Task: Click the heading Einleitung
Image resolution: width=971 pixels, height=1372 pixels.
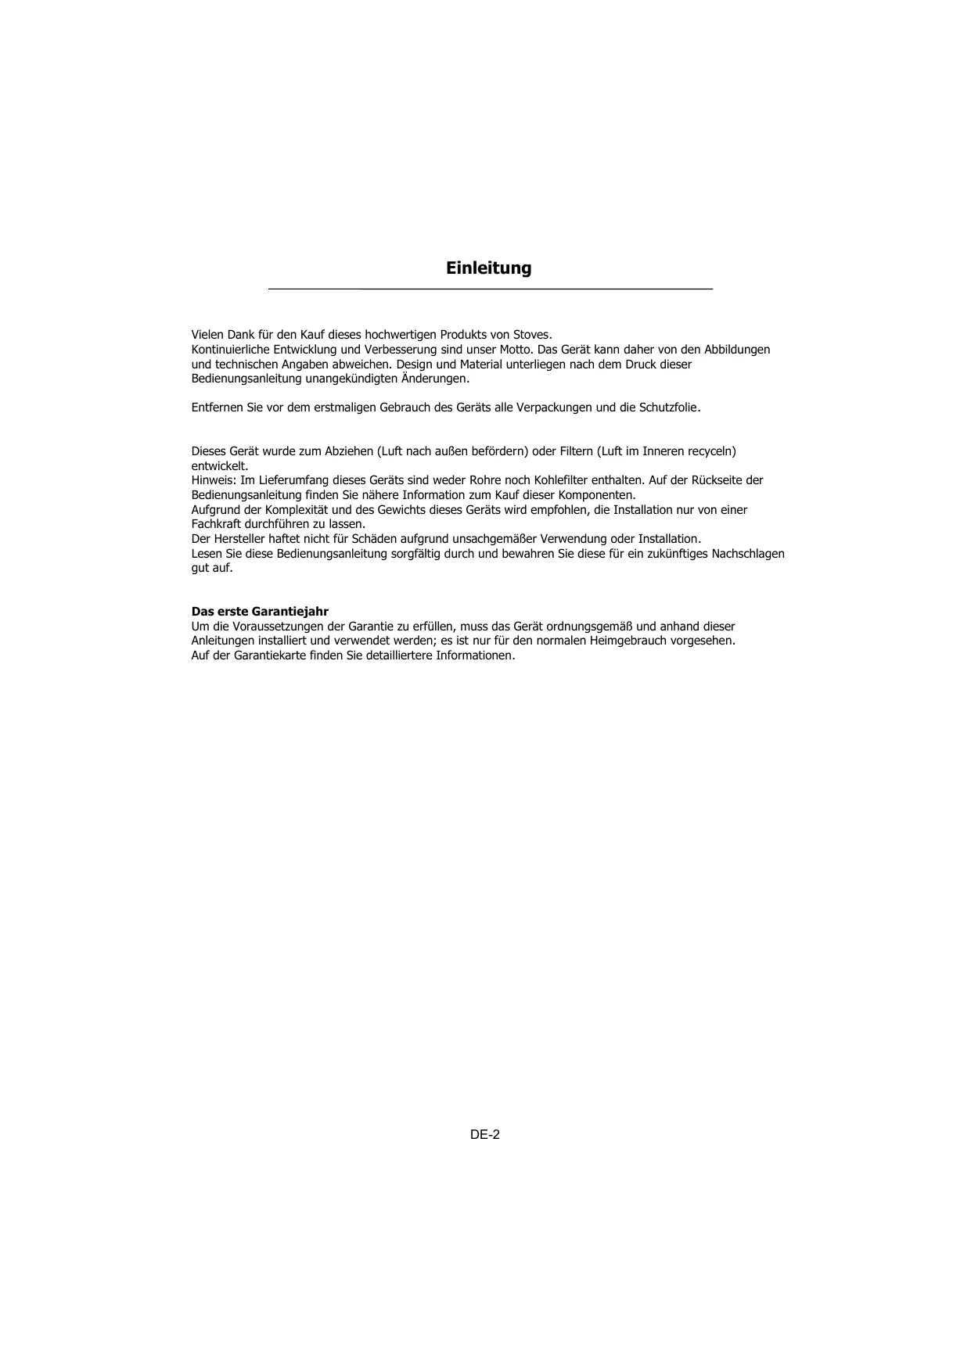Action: click(x=488, y=268)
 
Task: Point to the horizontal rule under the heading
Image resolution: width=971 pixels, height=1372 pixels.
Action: click(x=491, y=290)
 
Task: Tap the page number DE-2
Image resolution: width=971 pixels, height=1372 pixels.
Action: click(x=485, y=1134)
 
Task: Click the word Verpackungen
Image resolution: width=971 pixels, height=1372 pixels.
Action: click(x=555, y=408)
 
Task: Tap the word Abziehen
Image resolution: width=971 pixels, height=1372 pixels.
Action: click(x=349, y=451)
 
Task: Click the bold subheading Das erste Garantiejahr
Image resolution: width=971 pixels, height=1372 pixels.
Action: click(x=260, y=612)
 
